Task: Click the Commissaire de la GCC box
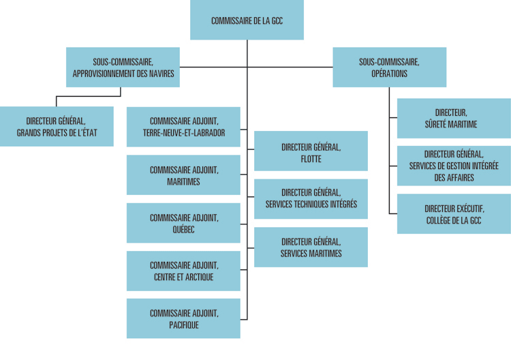pos(247,20)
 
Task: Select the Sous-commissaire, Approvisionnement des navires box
pos(123,67)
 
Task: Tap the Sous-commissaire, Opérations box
pos(390,67)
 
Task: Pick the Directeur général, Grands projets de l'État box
pos(57,127)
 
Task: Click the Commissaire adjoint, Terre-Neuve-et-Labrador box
pos(183,127)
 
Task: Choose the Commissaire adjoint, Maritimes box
pos(183,175)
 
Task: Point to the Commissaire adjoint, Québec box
pos(183,223)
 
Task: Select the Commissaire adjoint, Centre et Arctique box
pos(183,271)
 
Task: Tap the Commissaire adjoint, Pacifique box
pos(183,318)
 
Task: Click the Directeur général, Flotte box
pos(311,151)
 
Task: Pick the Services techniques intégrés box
pos(311,199)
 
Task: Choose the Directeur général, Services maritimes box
pos(311,247)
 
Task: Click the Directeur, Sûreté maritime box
pos(454,119)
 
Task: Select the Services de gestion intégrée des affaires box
pos(454,166)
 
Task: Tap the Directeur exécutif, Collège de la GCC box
pos(454,214)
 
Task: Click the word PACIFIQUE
pos(184,325)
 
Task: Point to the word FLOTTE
pos(311,159)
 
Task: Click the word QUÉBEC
pos(183,229)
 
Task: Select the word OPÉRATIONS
pos(390,74)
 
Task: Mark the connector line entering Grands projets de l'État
pos(89,96)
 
